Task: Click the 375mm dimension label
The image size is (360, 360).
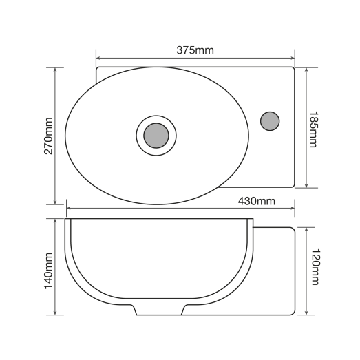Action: (x=195, y=50)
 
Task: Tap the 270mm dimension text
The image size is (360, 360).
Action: (x=49, y=136)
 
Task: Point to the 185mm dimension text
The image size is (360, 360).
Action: (x=314, y=129)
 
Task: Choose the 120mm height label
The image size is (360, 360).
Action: (x=315, y=268)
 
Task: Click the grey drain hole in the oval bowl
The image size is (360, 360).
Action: (x=156, y=135)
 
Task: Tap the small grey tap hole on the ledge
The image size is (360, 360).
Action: (x=270, y=121)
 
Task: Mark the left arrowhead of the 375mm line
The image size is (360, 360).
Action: (x=98, y=59)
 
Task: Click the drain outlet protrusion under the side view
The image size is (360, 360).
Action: (x=159, y=309)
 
